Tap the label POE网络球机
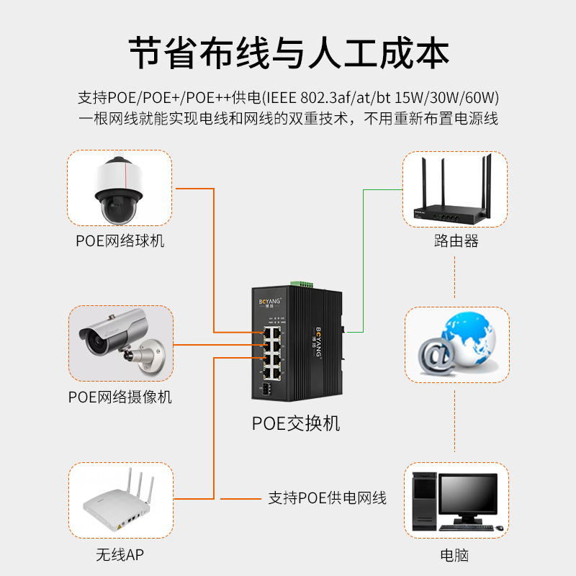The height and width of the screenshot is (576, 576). [x=120, y=240]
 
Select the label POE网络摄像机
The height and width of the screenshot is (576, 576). [x=120, y=397]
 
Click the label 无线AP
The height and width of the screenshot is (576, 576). [x=120, y=555]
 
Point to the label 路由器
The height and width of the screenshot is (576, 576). [x=456, y=240]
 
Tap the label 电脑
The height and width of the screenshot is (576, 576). [x=456, y=555]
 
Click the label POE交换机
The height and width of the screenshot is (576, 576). [x=295, y=423]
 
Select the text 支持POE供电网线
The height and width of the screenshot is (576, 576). [x=327, y=498]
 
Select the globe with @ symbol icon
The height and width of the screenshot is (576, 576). [x=455, y=344]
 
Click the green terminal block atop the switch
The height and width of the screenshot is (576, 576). [x=303, y=282]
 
